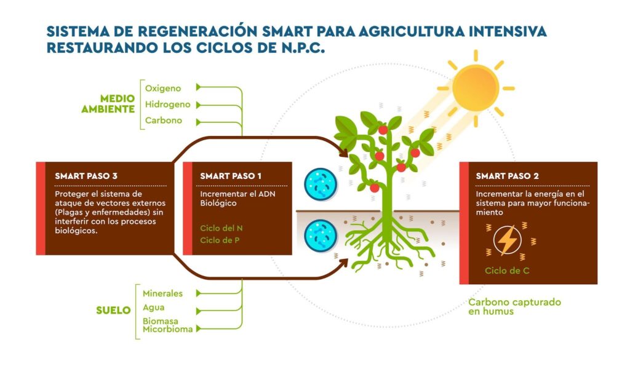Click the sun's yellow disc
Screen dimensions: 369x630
coord(474,87)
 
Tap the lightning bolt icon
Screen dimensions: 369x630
coord(508,240)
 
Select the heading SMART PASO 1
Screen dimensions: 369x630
coord(231,176)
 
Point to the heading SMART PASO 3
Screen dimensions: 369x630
coord(86,176)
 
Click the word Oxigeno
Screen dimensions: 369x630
coord(163,88)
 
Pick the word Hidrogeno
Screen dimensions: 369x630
coord(168,105)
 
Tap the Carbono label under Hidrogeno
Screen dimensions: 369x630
coord(164,121)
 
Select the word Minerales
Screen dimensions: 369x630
coord(162,293)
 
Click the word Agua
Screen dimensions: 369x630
coord(154,307)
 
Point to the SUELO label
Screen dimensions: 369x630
coord(113,310)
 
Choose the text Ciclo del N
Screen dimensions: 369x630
coord(221,228)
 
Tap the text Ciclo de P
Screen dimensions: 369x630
coord(220,240)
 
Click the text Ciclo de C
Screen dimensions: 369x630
coord(507,270)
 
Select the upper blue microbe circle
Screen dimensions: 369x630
coord(321,183)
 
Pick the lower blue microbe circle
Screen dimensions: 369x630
coord(321,234)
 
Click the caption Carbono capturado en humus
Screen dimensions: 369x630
coord(514,307)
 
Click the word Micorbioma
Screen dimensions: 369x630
coord(167,330)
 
